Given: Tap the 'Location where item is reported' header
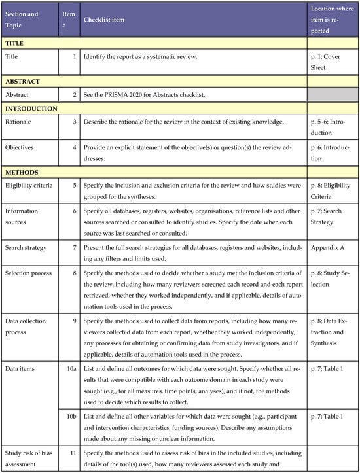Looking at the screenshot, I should pyautogui.click(x=332, y=20).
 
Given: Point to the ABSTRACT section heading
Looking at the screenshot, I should pyautogui.click(x=24, y=82).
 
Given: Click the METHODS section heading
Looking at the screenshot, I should pyautogui.click(x=22, y=173).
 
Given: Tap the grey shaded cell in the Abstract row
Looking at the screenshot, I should pyautogui.click(x=333, y=95).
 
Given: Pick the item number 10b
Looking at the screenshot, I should pyautogui.click(x=71, y=416).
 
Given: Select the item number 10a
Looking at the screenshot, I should pyautogui.click(x=71, y=371).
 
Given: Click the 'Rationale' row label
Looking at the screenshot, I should pyautogui.click(x=21, y=122).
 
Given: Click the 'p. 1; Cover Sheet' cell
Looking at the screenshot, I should pyautogui.click(x=327, y=61).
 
